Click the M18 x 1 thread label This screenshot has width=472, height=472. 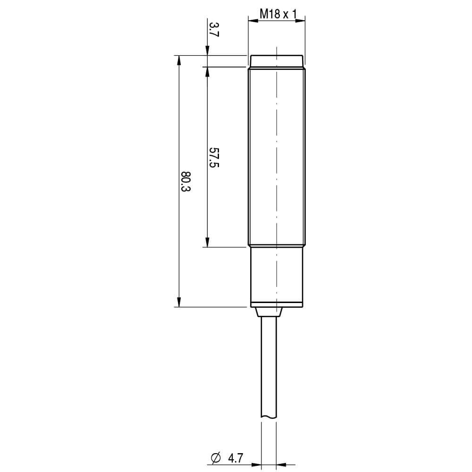[x=278, y=14]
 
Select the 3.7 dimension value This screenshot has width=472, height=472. [x=214, y=29]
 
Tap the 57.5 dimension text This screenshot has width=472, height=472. [x=214, y=157]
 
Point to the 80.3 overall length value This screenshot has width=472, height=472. [x=186, y=181]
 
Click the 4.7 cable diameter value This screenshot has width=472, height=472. [x=236, y=458]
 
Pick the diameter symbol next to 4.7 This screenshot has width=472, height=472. [x=216, y=458]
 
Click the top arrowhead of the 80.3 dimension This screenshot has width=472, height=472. [x=179, y=60]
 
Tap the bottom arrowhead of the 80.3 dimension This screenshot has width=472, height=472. [x=179, y=302]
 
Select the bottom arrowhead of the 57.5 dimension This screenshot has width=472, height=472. [x=207, y=242]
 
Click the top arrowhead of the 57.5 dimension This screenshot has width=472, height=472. [x=207, y=71]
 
